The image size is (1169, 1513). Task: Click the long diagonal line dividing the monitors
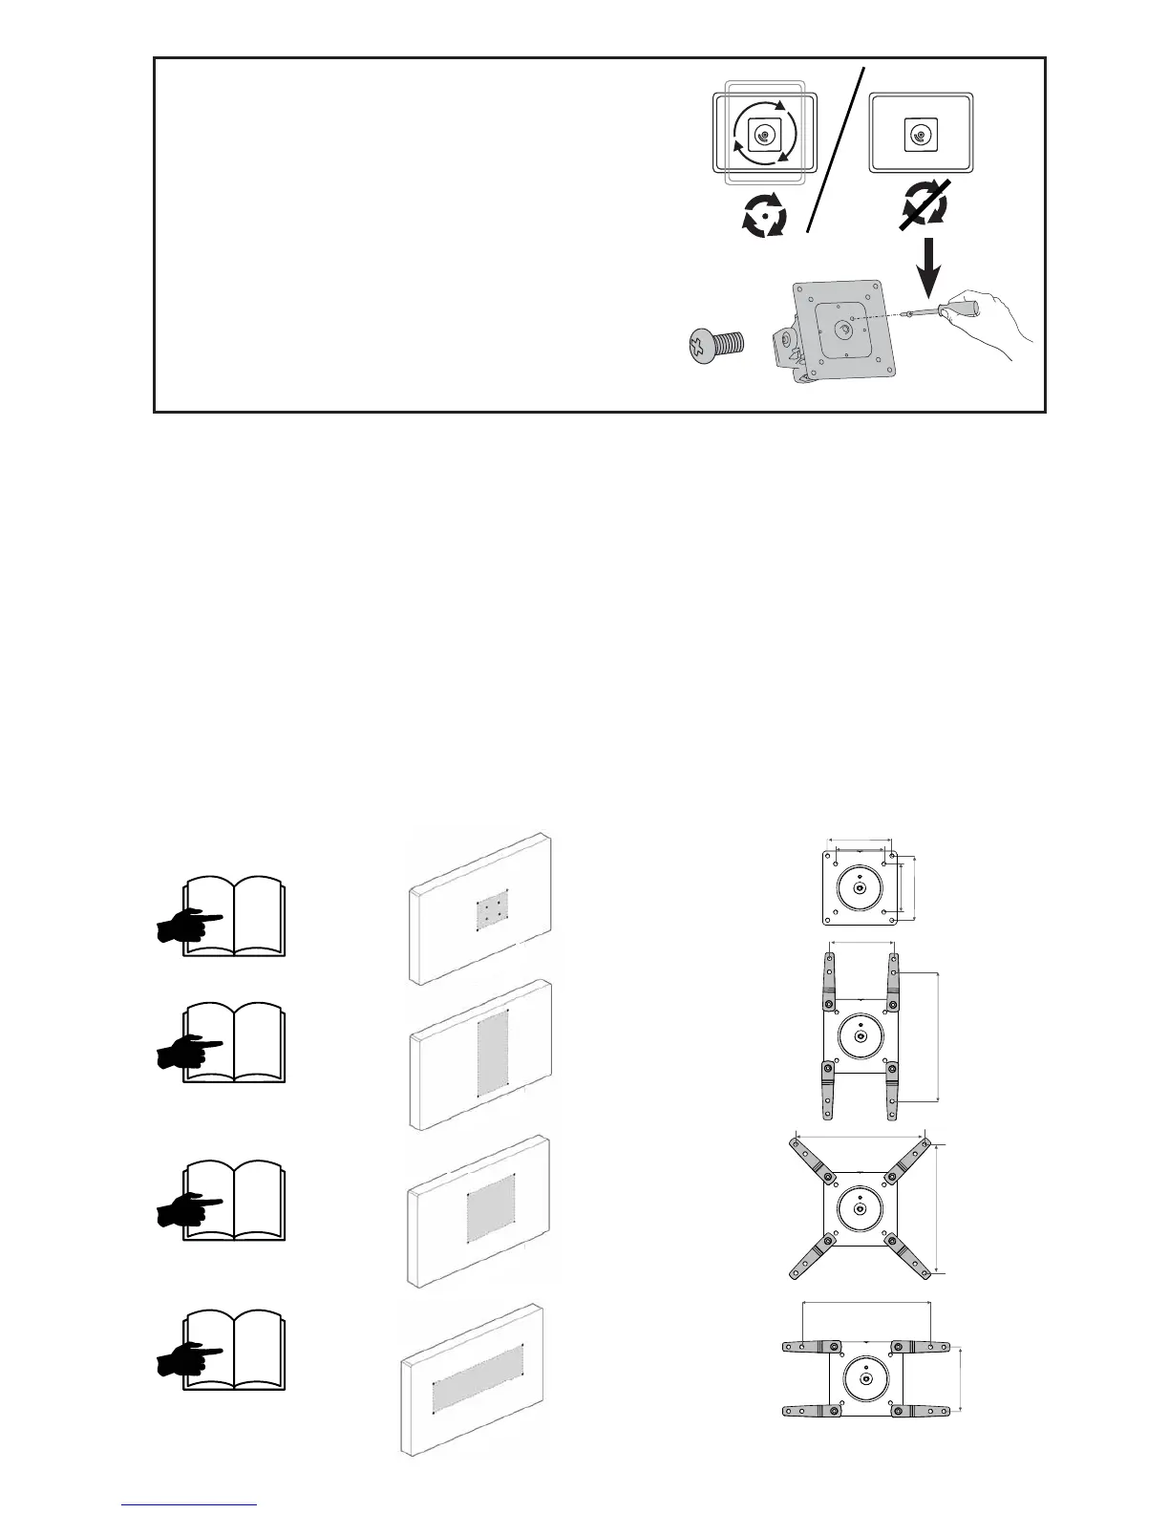838,148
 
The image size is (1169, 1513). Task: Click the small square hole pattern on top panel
492,908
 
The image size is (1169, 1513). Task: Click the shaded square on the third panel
491,1208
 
